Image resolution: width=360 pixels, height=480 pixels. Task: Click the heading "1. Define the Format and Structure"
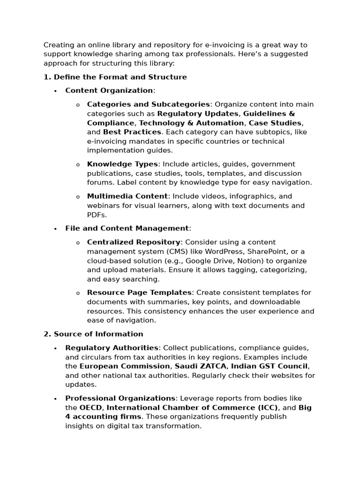coord(115,77)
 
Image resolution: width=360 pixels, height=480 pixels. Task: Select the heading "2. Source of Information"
coord(93,334)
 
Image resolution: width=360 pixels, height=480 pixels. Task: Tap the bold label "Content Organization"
coord(109,90)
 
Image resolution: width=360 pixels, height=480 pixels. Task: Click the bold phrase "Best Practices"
coord(132,132)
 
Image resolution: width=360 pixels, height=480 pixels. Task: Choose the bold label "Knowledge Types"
coord(122,164)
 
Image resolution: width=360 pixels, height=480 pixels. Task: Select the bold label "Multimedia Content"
coord(127,196)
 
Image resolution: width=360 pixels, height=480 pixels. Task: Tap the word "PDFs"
coord(97,215)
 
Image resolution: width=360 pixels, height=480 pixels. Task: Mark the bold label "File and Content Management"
coord(127,228)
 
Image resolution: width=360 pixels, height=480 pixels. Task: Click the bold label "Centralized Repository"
coord(134,242)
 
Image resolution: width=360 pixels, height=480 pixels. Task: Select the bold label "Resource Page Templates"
coord(139,292)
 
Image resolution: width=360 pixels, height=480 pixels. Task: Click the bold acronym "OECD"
coord(91,407)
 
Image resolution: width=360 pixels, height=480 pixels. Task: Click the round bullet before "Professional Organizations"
coord(55,399)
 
